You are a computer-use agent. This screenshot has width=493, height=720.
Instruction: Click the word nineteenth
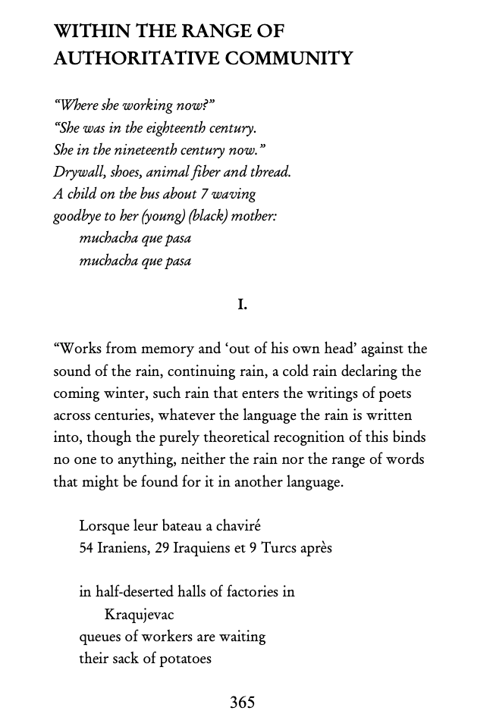(159, 149)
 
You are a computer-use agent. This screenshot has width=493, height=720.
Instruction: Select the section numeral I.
(242, 305)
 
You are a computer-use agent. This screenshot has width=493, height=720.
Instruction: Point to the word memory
(171, 349)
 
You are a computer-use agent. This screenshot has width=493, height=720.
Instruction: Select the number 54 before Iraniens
(86, 548)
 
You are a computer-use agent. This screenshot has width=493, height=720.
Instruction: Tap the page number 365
(242, 703)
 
